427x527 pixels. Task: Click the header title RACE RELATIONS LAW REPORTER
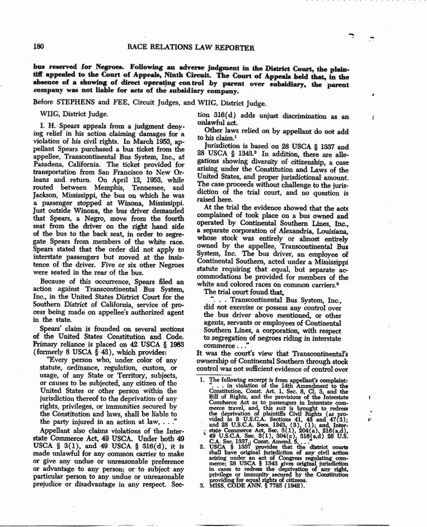point(191,48)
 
